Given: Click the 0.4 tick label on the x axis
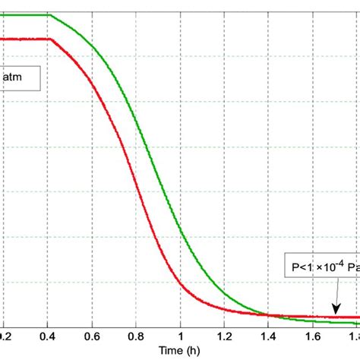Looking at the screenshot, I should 47,334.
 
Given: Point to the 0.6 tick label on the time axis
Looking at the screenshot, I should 92,334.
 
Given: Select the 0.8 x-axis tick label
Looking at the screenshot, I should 136,334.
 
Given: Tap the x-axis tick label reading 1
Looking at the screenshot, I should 181,334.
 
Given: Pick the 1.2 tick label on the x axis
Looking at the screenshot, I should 225,334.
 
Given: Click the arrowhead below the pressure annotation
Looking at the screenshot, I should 333,313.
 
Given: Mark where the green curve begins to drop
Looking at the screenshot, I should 49,14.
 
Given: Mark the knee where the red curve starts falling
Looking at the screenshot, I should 49,39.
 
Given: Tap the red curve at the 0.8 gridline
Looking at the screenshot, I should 136,178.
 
